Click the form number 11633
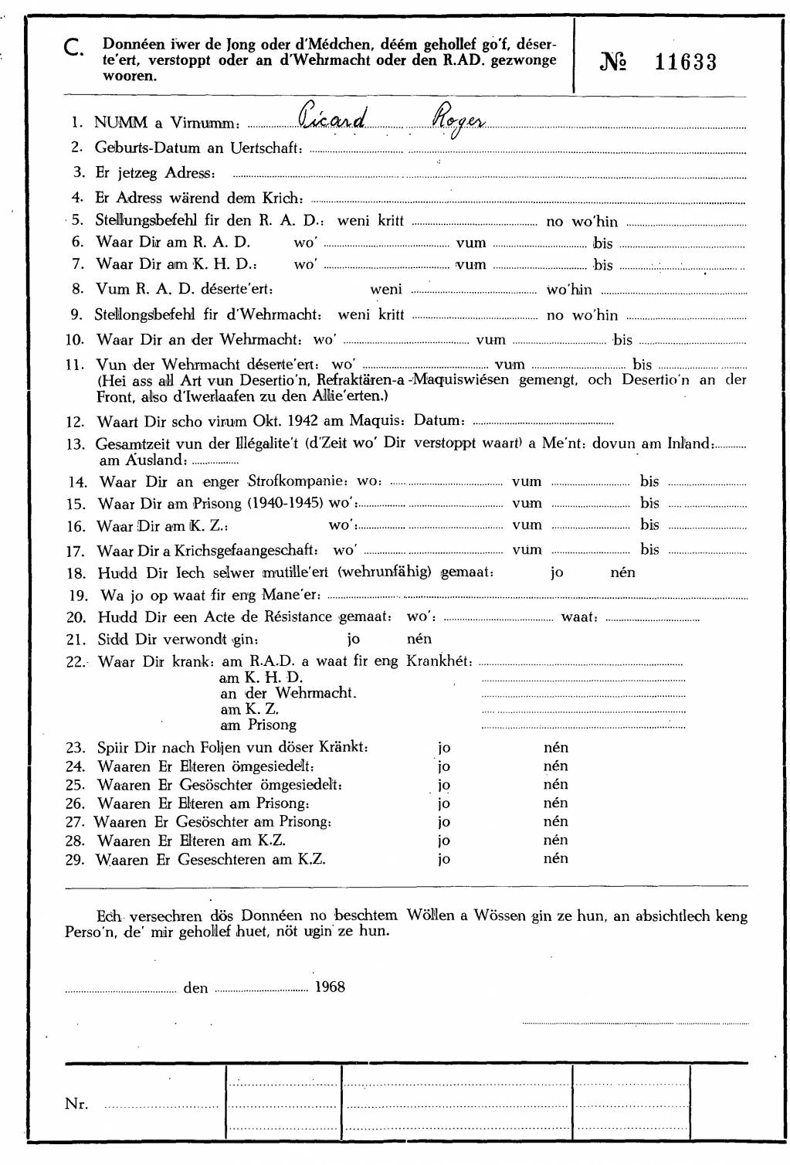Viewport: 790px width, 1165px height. [x=685, y=63]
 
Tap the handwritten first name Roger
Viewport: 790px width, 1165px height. [x=457, y=121]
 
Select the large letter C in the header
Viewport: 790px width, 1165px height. [x=75, y=49]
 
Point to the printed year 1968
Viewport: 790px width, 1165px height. [x=330, y=987]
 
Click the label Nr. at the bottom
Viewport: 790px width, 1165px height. [x=76, y=1104]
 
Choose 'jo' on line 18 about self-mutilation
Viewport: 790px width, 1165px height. [x=557, y=572]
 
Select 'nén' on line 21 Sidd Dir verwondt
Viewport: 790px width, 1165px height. [x=419, y=639]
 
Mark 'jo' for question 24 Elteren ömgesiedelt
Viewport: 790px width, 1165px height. [x=444, y=766]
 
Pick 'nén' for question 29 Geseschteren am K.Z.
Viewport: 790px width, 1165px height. [x=555, y=858]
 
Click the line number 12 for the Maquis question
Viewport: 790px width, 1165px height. [x=75, y=422]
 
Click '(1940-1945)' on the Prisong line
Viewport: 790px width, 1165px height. [x=286, y=503]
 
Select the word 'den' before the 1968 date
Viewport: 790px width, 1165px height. [x=195, y=988]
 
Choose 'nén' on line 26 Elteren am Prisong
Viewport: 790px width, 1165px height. [x=555, y=803]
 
